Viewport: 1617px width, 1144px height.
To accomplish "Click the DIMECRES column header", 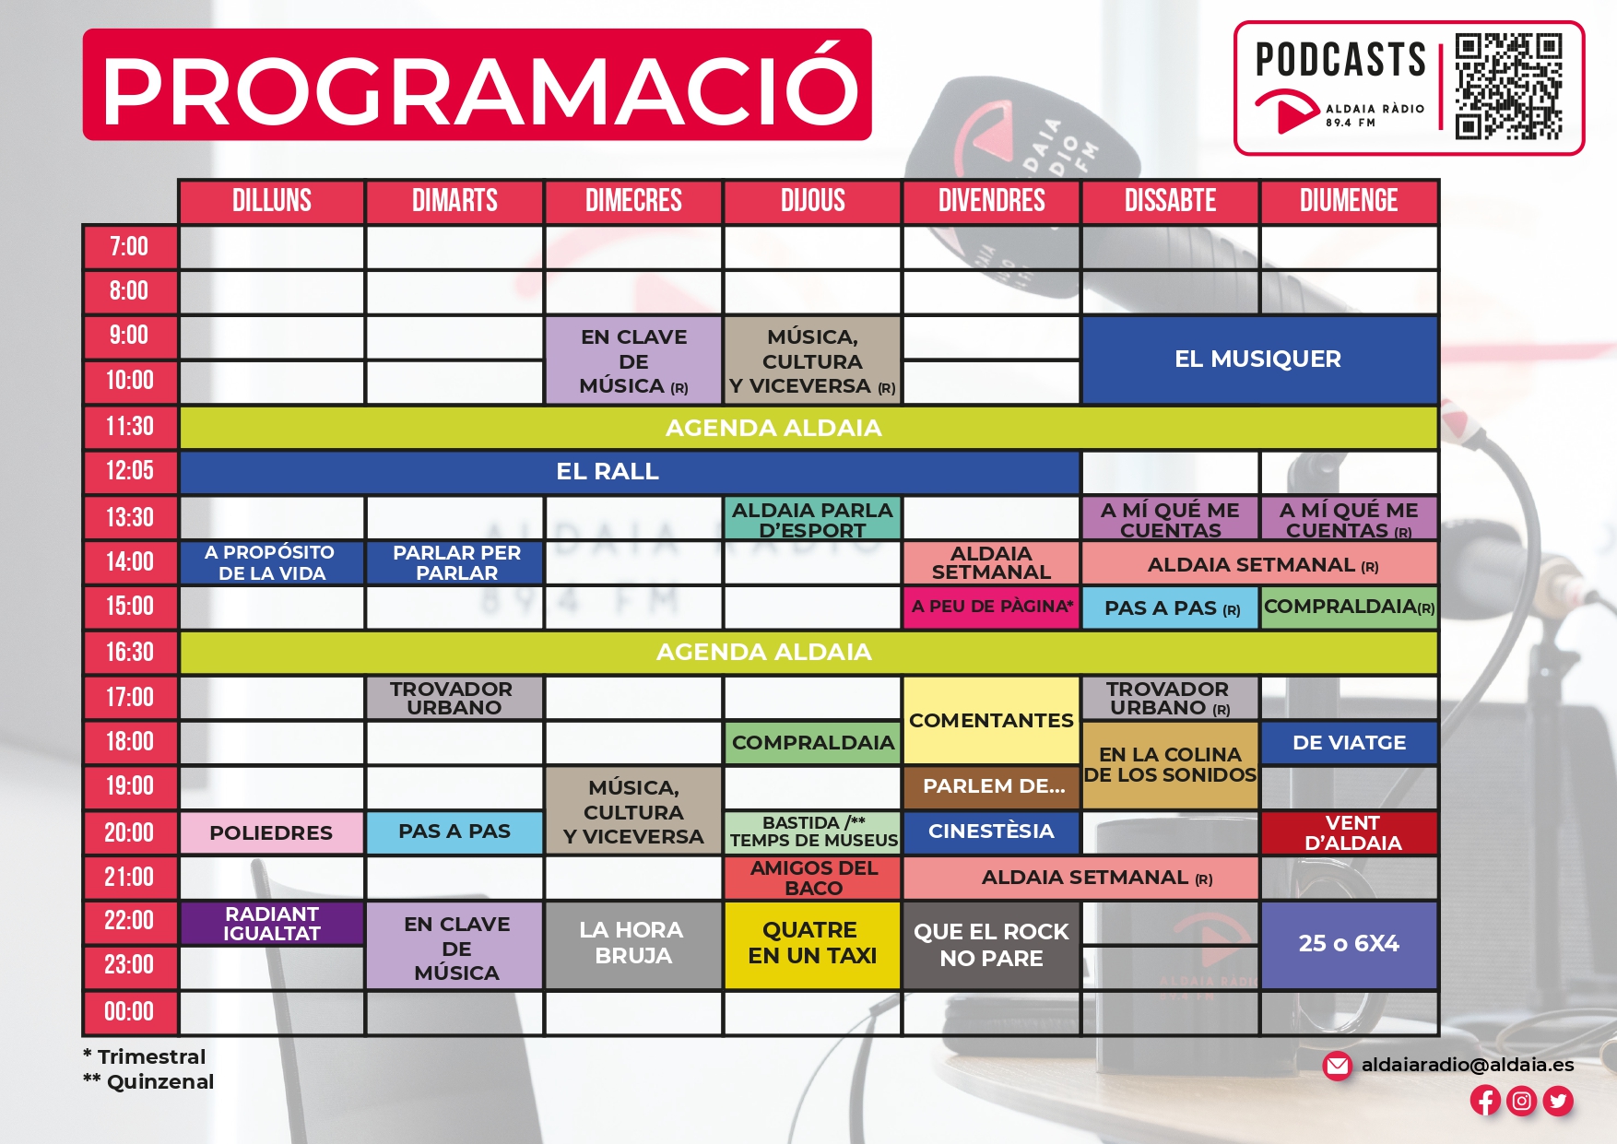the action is (633, 201).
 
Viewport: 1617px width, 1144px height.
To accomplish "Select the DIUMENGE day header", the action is (1349, 201).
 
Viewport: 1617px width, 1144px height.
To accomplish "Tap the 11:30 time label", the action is (130, 427).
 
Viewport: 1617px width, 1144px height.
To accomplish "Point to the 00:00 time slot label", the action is (130, 1012).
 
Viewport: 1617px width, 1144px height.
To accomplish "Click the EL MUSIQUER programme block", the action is (1259, 360).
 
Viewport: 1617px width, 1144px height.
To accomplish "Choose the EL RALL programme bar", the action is (630, 472).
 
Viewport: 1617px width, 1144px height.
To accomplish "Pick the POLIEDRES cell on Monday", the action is (271, 832).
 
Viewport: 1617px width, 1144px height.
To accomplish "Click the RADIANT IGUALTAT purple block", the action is (271, 923).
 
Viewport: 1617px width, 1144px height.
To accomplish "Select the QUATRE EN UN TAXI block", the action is (812, 944).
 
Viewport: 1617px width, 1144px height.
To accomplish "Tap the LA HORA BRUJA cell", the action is (633, 944).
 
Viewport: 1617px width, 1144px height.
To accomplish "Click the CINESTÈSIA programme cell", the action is (991, 831).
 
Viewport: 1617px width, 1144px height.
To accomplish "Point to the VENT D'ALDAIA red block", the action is (1350, 832).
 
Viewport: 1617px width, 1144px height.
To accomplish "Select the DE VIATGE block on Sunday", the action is (1350, 743).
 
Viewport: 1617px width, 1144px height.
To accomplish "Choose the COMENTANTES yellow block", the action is (991, 720).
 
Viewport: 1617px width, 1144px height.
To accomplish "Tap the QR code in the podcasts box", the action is (1508, 87).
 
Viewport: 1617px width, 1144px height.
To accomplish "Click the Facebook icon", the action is (1485, 1100).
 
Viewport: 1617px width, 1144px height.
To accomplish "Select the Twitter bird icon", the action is (1558, 1100).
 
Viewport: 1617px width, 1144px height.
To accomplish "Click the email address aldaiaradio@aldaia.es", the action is (1468, 1065).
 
